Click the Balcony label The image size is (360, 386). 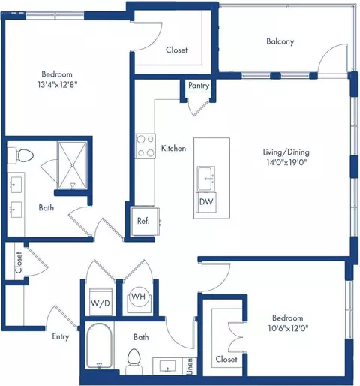point(280,41)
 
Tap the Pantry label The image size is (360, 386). point(199,86)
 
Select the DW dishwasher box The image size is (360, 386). point(206,202)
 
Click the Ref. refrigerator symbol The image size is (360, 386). point(145,222)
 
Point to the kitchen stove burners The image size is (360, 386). point(145,146)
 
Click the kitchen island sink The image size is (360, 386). point(206,179)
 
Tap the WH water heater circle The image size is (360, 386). point(139,297)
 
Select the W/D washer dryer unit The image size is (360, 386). point(100,302)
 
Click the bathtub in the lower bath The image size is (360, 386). point(99,347)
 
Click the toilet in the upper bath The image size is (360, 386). point(21,155)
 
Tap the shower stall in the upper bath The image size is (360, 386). point(73,165)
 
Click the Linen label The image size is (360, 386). point(190,366)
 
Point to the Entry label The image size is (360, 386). point(61,337)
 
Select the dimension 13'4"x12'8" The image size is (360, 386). point(57,84)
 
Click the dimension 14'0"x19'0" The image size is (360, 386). point(286,162)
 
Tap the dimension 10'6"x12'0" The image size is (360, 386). point(288,328)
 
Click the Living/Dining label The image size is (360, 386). point(286,152)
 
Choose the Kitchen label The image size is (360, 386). point(173,148)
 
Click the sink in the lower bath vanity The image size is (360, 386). point(167,366)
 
